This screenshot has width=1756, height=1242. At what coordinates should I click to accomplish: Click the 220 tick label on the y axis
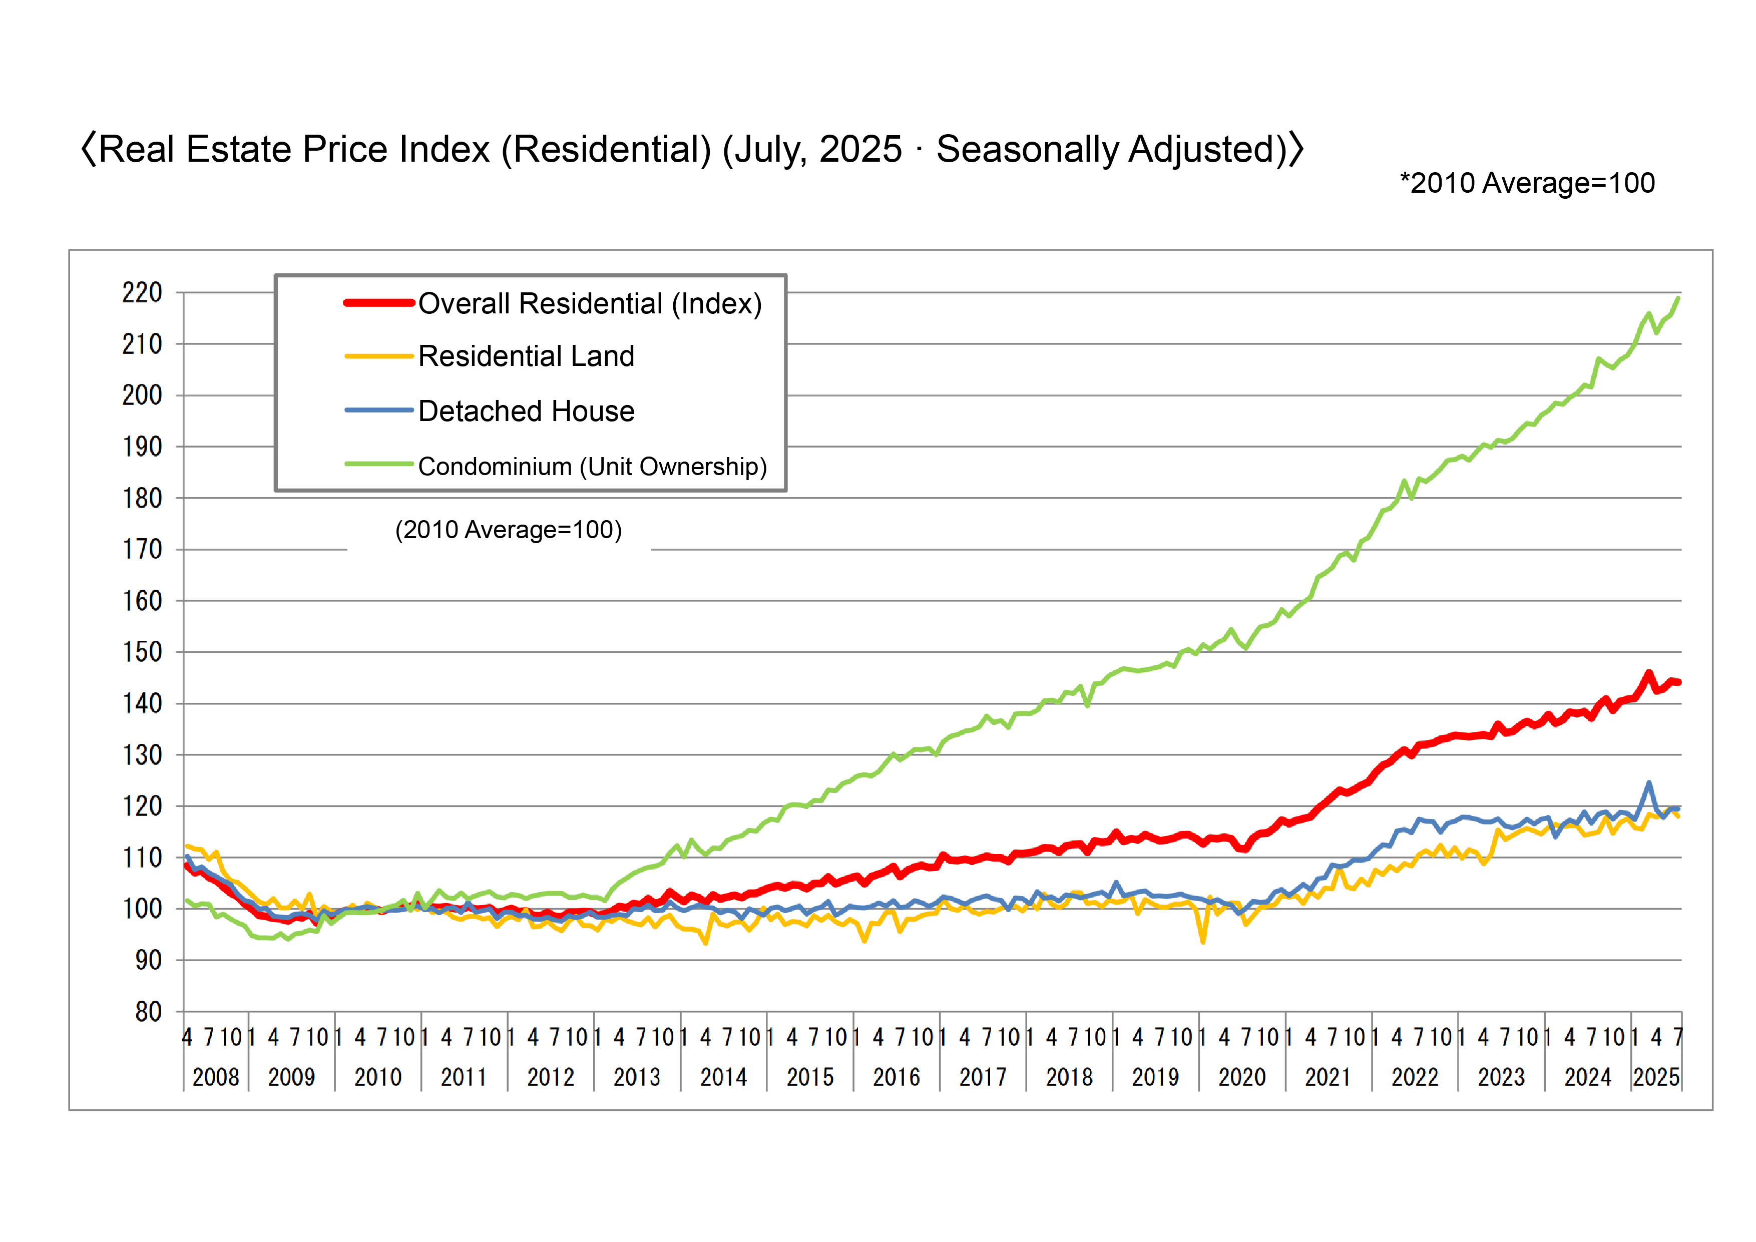142,293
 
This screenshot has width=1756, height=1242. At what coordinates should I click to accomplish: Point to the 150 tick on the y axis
142,652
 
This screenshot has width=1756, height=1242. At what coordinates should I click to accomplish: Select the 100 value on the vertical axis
142,909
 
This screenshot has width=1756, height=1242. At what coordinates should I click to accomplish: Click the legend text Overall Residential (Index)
590,304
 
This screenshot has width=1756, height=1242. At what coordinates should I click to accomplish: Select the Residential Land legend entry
526,356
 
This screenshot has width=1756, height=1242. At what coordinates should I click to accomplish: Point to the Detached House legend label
526,411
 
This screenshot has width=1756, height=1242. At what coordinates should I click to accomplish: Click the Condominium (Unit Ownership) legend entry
592,467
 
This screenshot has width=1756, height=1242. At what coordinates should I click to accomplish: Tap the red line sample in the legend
378,303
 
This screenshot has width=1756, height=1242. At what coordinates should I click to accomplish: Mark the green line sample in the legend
378,464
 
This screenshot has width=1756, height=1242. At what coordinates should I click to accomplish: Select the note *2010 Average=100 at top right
1527,184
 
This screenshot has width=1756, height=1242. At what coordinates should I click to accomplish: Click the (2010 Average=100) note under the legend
509,530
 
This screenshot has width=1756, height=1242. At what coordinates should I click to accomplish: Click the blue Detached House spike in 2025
1649,783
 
